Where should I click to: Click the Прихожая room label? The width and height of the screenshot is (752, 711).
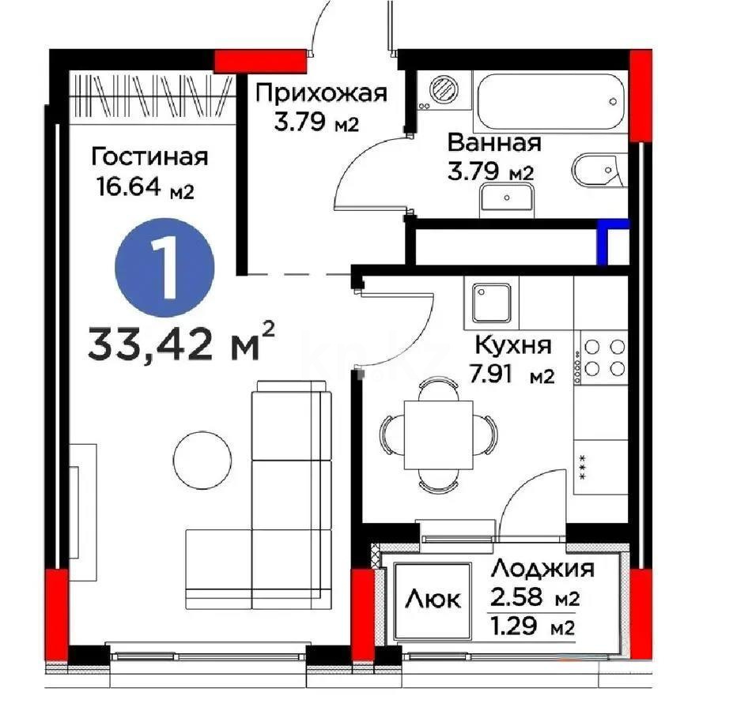pyautogui.click(x=321, y=93)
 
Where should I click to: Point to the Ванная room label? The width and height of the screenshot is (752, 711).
pyautogui.click(x=493, y=143)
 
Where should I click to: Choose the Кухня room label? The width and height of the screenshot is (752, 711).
pyautogui.click(x=512, y=345)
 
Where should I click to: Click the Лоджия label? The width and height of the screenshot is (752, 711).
pyautogui.click(x=542, y=568)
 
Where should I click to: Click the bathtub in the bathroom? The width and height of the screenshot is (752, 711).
pyautogui.click(x=552, y=103)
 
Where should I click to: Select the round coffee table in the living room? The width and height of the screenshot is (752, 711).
pyautogui.click(x=203, y=459)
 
